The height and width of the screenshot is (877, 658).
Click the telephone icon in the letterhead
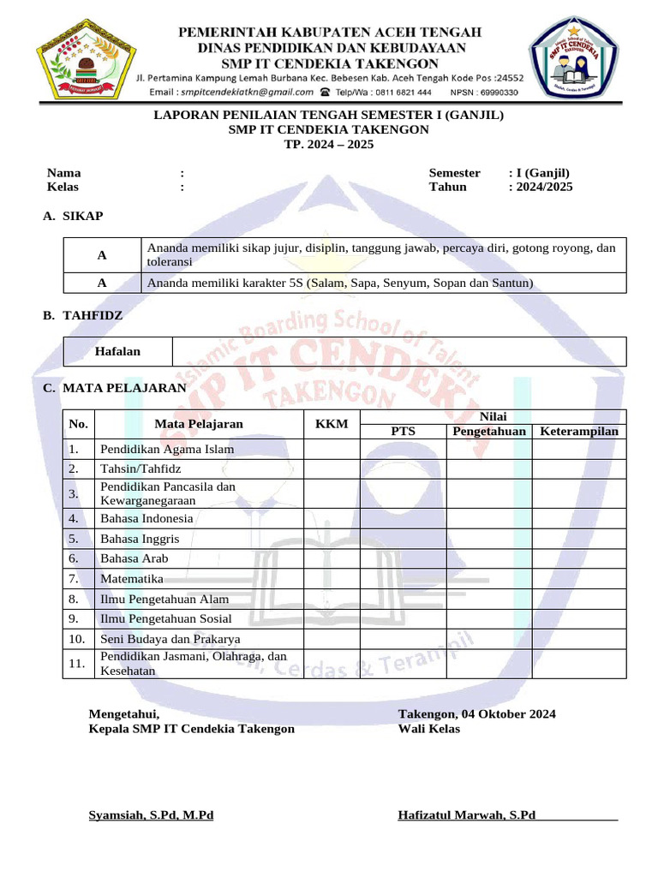tap(325, 92)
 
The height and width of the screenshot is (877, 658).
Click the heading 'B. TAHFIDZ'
tap(83, 316)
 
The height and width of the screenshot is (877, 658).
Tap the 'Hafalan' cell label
tap(117, 351)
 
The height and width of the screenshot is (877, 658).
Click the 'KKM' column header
tap(332, 424)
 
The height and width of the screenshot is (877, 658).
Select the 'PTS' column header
tap(403, 431)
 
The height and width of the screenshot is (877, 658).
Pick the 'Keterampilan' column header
tap(579, 431)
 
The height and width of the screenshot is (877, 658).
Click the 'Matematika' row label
tap(132, 579)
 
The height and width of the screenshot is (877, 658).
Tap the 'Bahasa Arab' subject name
tap(134, 558)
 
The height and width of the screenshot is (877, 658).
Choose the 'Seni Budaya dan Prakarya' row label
tap(170, 639)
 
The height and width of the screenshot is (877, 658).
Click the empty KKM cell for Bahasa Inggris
tap(332, 539)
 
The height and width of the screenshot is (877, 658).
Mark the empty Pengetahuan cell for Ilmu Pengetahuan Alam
tap(489, 599)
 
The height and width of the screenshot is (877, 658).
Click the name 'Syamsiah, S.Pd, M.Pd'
tap(151, 814)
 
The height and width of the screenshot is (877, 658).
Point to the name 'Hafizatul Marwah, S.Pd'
tap(466, 814)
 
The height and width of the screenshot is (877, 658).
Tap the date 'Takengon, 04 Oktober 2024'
tap(476, 713)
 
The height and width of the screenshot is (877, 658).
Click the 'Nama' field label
tap(63, 173)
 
